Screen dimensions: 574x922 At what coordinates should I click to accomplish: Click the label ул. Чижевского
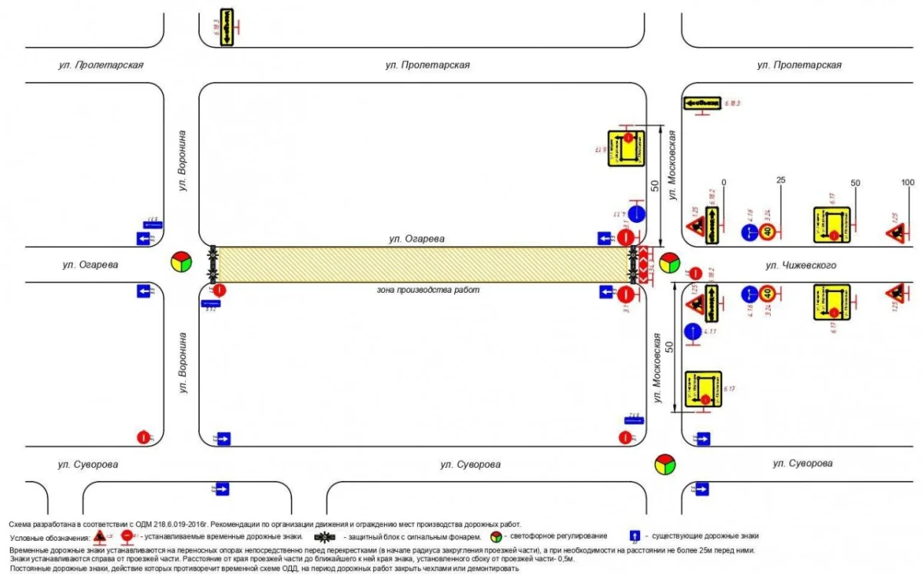[x=800, y=266]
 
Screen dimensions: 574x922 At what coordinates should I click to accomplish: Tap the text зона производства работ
[x=423, y=290]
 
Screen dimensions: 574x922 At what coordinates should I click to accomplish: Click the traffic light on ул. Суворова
[x=664, y=465]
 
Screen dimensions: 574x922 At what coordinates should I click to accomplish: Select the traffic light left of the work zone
[x=181, y=262]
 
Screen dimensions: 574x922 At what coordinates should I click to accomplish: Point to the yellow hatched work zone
[x=423, y=265]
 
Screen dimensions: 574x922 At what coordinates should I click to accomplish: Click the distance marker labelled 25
[x=781, y=181]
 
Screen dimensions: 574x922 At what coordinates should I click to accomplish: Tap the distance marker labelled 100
[x=908, y=182]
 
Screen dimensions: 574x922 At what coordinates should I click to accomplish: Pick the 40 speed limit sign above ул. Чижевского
[x=768, y=231]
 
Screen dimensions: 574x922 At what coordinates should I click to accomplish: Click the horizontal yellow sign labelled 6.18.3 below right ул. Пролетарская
[x=701, y=102]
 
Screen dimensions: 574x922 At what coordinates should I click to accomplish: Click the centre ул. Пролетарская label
[x=427, y=65]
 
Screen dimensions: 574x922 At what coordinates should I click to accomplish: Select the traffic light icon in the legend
[x=497, y=536]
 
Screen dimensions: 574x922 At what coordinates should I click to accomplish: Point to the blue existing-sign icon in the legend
[x=635, y=536]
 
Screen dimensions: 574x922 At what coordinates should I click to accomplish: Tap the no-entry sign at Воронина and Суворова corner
[x=143, y=437]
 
